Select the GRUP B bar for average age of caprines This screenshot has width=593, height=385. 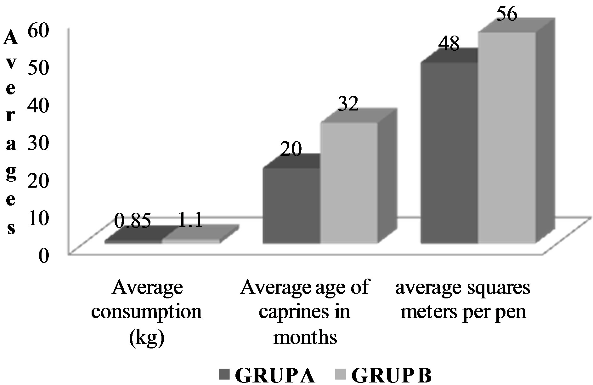pyautogui.click(x=349, y=183)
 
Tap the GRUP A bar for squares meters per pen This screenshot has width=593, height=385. pyautogui.click(x=449, y=153)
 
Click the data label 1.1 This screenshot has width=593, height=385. pyautogui.click(x=190, y=221)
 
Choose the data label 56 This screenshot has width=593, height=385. pyautogui.click(x=506, y=14)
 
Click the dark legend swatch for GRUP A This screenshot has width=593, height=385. pyautogui.click(x=225, y=375)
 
